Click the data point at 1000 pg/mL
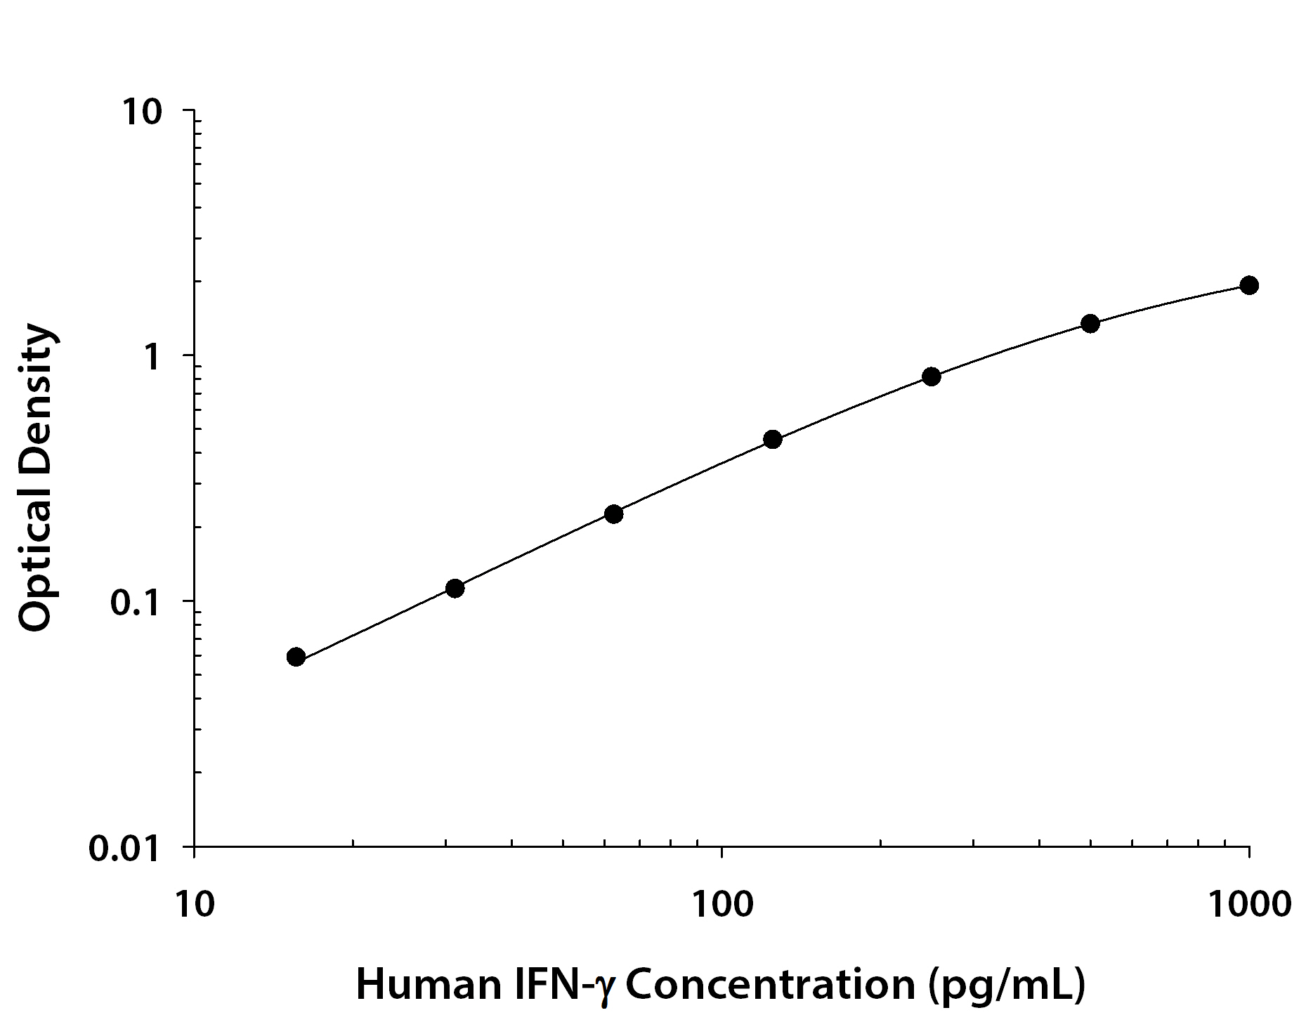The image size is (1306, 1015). pyautogui.click(x=1248, y=285)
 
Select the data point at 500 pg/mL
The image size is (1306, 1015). pyautogui.click(x=1090, y=324)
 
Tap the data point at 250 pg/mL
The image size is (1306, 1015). pyautogui.click(x=931, y=376)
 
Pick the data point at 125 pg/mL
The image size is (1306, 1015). pyautogui.click(x=772, y=440)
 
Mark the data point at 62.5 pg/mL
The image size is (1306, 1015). pyautogui.click(x=613, y=514)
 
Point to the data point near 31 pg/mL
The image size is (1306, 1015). pyautogui.click(x=455, y=588)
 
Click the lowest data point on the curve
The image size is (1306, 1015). pyautogui.click(x=296, y=657)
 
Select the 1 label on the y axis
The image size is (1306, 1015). pyautogui.click(x=152, y=358)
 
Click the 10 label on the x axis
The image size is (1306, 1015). pyautogui.click(x=193, y=904)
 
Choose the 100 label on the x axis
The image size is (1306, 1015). pyautogui.click(x=721, y=904)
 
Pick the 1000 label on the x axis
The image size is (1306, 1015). pyautogui.click(x=1249, y=904)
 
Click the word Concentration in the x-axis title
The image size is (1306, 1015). pyautogui.click(x=770, y=985)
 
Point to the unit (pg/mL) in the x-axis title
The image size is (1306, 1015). pyautogui.click(x=1006, y=985)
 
